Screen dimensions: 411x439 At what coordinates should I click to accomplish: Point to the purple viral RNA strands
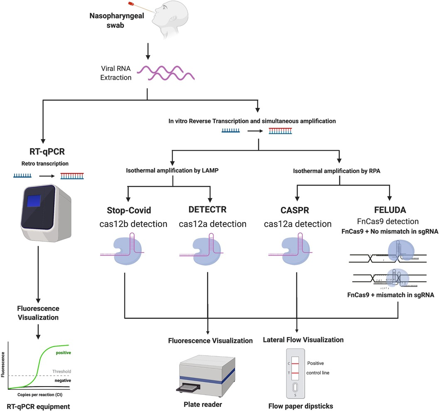169,73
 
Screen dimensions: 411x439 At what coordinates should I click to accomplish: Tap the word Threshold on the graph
62,371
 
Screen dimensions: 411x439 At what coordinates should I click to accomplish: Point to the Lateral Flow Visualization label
303,339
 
